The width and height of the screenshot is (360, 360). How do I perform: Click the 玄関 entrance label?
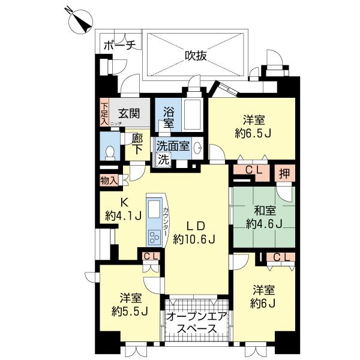[x=128, y=112]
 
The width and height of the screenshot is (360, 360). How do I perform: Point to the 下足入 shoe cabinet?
[x=104, y=113]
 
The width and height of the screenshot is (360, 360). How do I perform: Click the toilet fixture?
[x=109, y=152]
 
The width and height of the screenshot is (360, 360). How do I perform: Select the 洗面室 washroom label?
[x=173, y=145]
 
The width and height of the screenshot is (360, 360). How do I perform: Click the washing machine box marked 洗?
[x=163, y=160]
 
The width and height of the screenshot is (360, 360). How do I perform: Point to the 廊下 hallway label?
[x=137, y=145]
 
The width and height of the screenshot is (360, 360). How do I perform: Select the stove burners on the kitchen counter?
[x=152, y=238]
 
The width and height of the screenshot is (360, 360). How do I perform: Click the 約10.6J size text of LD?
[x=194, y=239]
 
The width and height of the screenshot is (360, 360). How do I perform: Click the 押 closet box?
[x=285, y=172]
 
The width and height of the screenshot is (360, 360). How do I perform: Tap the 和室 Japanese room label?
[x=264, y=211]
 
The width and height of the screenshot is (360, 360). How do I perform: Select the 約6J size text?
[x=263, y=304]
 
